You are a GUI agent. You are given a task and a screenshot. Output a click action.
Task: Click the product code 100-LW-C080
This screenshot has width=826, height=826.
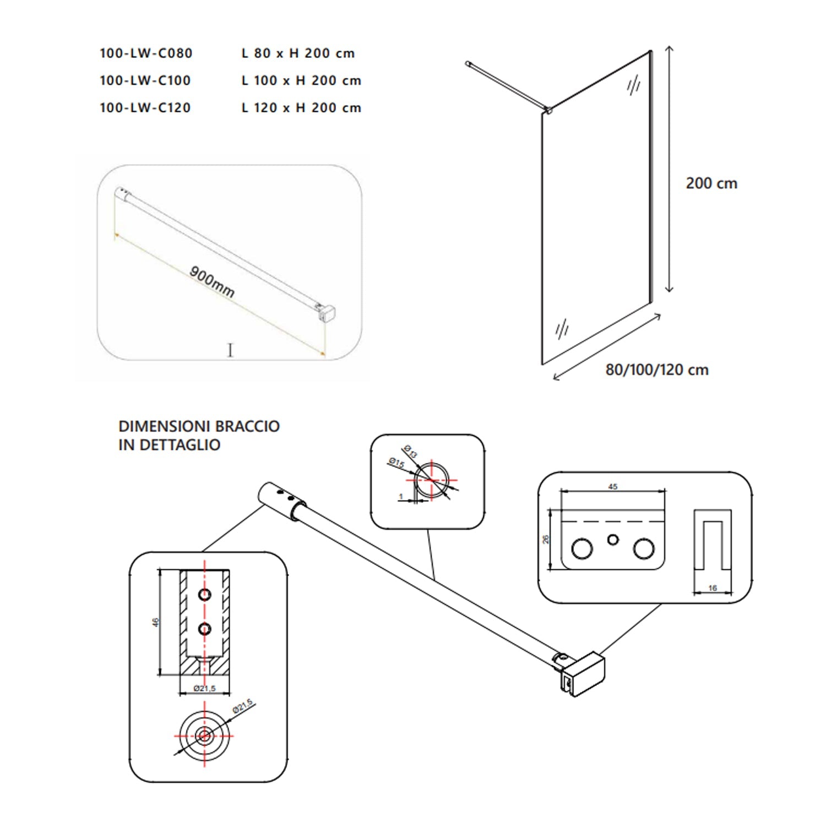click(x=146, y=53)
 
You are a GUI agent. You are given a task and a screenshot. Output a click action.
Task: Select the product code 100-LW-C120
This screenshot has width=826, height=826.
click(x=145, y=107)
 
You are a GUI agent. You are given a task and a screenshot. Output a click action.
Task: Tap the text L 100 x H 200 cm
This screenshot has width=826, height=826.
click(x=301, y=80)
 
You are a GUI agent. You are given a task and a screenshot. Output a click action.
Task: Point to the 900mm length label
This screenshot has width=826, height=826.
click(x=212, y=282)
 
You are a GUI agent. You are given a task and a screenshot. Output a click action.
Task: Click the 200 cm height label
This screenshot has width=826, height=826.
click(x=711, y=183)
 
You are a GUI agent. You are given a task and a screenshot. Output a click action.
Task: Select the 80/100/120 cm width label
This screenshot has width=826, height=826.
click(x=656, y=369)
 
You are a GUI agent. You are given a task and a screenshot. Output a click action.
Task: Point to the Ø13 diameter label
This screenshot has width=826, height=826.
click(x=411, y=451)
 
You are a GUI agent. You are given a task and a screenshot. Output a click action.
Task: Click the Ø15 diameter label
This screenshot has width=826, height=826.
click(x=395, y=464)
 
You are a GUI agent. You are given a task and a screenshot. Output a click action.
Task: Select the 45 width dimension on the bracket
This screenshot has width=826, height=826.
click(x=613, y=486)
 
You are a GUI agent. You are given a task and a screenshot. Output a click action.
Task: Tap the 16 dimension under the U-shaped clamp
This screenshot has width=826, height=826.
click(x=713, y=588)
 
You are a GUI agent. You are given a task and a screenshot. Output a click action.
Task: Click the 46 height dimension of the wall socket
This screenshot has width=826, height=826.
click(x=156, y=622)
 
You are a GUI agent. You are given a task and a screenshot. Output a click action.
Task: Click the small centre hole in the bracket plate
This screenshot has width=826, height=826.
click(x=613, y=540)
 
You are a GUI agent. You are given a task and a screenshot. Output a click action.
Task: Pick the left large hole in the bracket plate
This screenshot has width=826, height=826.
click(x=582, y=548)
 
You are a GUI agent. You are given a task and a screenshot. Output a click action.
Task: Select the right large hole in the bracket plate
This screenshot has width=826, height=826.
click(x=643, y=548)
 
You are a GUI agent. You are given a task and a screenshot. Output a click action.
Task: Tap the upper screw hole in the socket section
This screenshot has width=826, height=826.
click(x=205, y=595)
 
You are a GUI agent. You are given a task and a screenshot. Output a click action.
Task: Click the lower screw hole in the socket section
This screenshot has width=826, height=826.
click(x=205, y=628)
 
